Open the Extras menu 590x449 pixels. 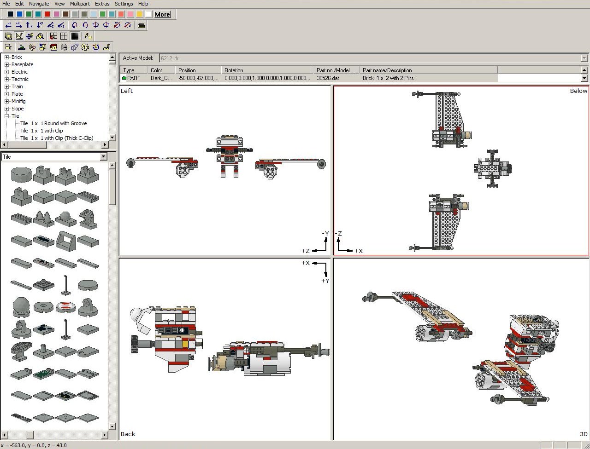pyautogui.click(x=102, y=4)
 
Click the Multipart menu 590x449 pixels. pyautogui.click(x=80, y=4)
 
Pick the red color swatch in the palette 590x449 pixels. pyautogui.click(x=47, y=14)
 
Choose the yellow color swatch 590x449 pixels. pyautogui.click(x=140, y=14)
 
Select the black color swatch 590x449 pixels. pyautogui.click(x=11, y=14)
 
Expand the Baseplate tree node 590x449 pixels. pyautogui.click(x=7, y=65)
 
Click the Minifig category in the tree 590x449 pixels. pyautogui.click(x=18, y=101)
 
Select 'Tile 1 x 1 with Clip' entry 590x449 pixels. pyautogui.click(x=41, y=131)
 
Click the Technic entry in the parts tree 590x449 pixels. pyautogui.click(x=20, y=80)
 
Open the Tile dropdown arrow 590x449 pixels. pyautogui.click(x=104, y=156)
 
